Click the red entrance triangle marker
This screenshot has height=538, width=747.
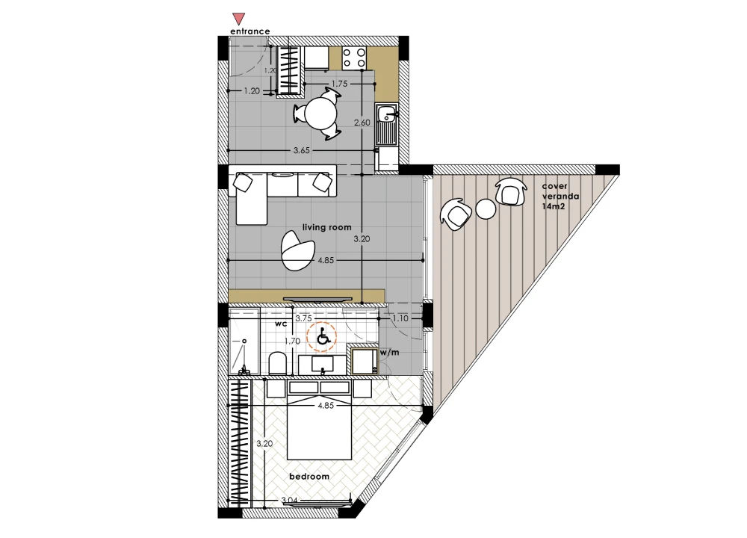coord(238,19)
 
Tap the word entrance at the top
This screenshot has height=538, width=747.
coord(250,31)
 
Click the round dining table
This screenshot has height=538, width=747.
coord(320,114)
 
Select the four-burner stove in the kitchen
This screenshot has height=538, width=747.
coord(354,58)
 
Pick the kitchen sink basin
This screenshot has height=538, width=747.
coord(386,114)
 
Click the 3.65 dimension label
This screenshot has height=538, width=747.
coord(302,151)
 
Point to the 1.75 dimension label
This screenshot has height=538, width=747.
coord(340,84)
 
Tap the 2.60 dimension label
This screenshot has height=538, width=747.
coord(362,123)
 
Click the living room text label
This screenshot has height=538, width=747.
coord(327,227)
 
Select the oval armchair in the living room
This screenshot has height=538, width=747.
coord(297,250)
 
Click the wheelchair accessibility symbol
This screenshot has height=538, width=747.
coord(322,337)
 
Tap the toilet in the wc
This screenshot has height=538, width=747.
coord(277,363)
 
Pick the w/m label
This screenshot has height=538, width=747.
coord(389,353)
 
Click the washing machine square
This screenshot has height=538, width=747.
coord(365,361)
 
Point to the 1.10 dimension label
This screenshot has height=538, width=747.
coord(400,318)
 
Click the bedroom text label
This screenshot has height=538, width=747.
coord(309,477)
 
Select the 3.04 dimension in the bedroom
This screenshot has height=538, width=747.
coord(289,501)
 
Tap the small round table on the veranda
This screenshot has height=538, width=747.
coord(486,209)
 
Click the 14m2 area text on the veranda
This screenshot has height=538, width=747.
coord(553,206)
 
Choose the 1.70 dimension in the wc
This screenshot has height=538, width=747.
coord(292,341)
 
